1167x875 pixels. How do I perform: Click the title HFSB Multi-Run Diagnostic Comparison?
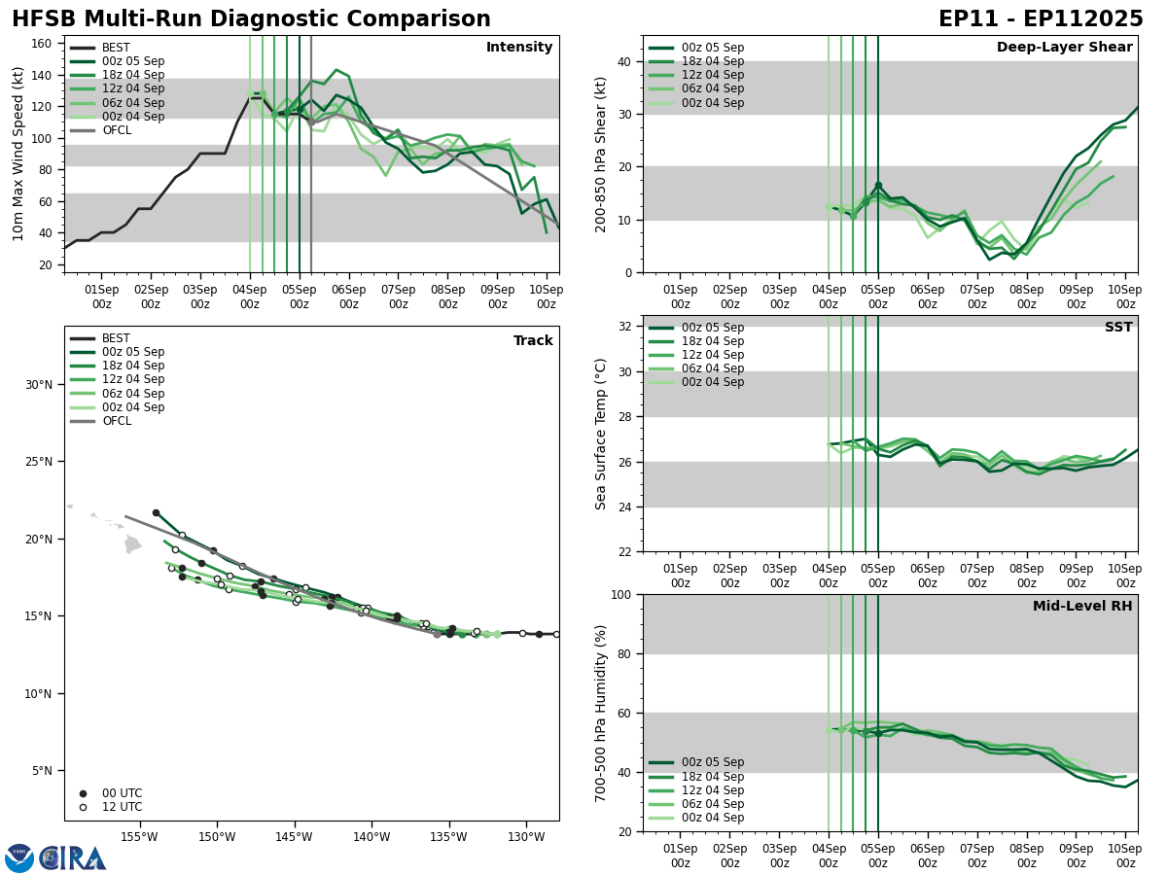[x=251, y=19]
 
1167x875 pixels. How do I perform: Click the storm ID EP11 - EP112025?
[x=1041, y=19]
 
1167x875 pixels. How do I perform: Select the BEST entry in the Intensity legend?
[x=116, y=48]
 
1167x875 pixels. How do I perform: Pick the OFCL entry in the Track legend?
[x=116, y=421]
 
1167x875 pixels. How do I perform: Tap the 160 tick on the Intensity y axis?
[x=43, y=44]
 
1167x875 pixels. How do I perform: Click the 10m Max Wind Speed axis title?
[x=18, y=154]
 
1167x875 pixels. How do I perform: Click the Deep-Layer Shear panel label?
[x=1064, y=48]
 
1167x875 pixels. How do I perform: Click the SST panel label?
[x=1118, y=328]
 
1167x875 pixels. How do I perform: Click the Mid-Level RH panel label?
[x=1082, y=607]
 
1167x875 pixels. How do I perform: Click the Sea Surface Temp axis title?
[x=601, y=434]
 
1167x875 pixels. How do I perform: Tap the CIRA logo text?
[x=73, y=858]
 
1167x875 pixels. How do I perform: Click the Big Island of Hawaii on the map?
[x=133, y=544]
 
